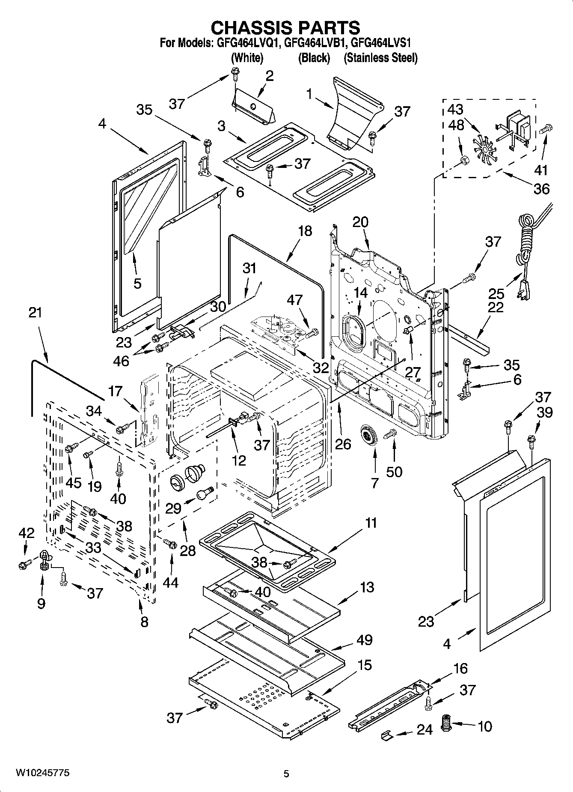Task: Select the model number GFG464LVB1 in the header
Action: pyautogui.click(x=315, y=43)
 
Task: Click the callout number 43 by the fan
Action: pyautogui.click(x=455, y=109)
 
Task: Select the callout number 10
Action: pyautogui.click(x=484, y=726)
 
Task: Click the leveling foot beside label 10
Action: pyautogui.click(x=447, y=724)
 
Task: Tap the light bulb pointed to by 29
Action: pyautogui.click(x=205, y=493)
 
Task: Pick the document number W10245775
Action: pyautogui.click(x=42, y=773)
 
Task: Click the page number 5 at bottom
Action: pyautogui.click(x=286, y=774)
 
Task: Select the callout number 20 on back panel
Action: pyautogui.click(x=360, y=222)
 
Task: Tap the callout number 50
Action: pyautogui.click(x=394, y=471)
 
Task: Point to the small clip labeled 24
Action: pyautogui.click(x=386, y=735)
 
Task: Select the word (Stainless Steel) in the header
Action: pyautogui.click(x=380, y=58)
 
